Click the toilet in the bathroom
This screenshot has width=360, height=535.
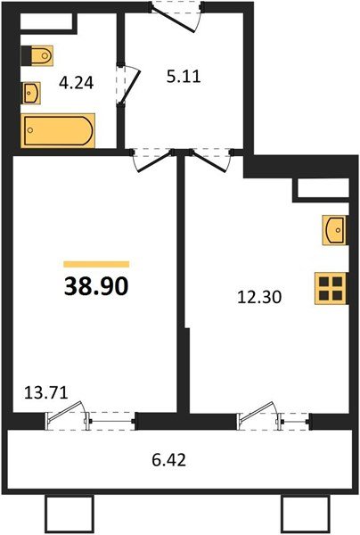coord(35,56)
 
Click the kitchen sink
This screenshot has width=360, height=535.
coord(335,231)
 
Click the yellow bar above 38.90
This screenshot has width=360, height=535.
coord(97,264)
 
